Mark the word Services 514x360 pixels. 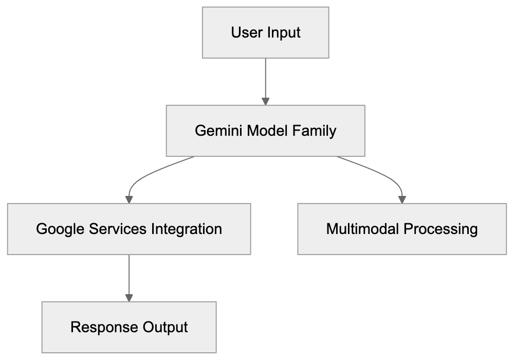[116, 228]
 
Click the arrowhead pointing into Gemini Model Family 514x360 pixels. [265, 100]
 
